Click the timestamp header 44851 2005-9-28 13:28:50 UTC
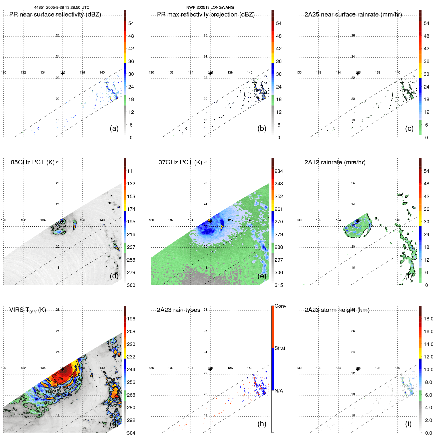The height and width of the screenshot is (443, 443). [62, 8]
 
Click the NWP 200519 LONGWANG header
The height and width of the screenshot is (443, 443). [210, 8]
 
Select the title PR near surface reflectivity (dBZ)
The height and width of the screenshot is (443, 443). [55, 15]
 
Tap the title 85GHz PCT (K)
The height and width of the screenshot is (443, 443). [33, 162]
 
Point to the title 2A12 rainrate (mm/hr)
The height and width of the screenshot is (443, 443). [335, 162]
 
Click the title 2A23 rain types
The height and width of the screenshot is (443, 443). [178, 310]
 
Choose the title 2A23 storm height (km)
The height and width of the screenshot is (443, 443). [337, 310]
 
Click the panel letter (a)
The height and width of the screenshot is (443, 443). [114, 128]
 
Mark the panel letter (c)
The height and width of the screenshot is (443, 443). [409, 128]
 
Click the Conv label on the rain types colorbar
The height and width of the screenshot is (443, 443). [280, 306]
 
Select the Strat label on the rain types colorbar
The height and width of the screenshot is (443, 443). [280, 348]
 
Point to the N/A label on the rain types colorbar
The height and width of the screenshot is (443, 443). [279, 391]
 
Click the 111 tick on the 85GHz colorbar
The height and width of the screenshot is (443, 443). [131, 171]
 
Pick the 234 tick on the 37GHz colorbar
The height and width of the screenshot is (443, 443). [279, 171]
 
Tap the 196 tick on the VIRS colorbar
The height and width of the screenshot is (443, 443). [131, 319]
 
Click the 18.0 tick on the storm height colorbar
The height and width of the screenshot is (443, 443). [428, 319]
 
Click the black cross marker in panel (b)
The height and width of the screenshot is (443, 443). [210, 74]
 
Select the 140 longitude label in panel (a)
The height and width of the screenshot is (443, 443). [102, 73]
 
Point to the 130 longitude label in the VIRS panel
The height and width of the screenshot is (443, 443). [4, 368]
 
